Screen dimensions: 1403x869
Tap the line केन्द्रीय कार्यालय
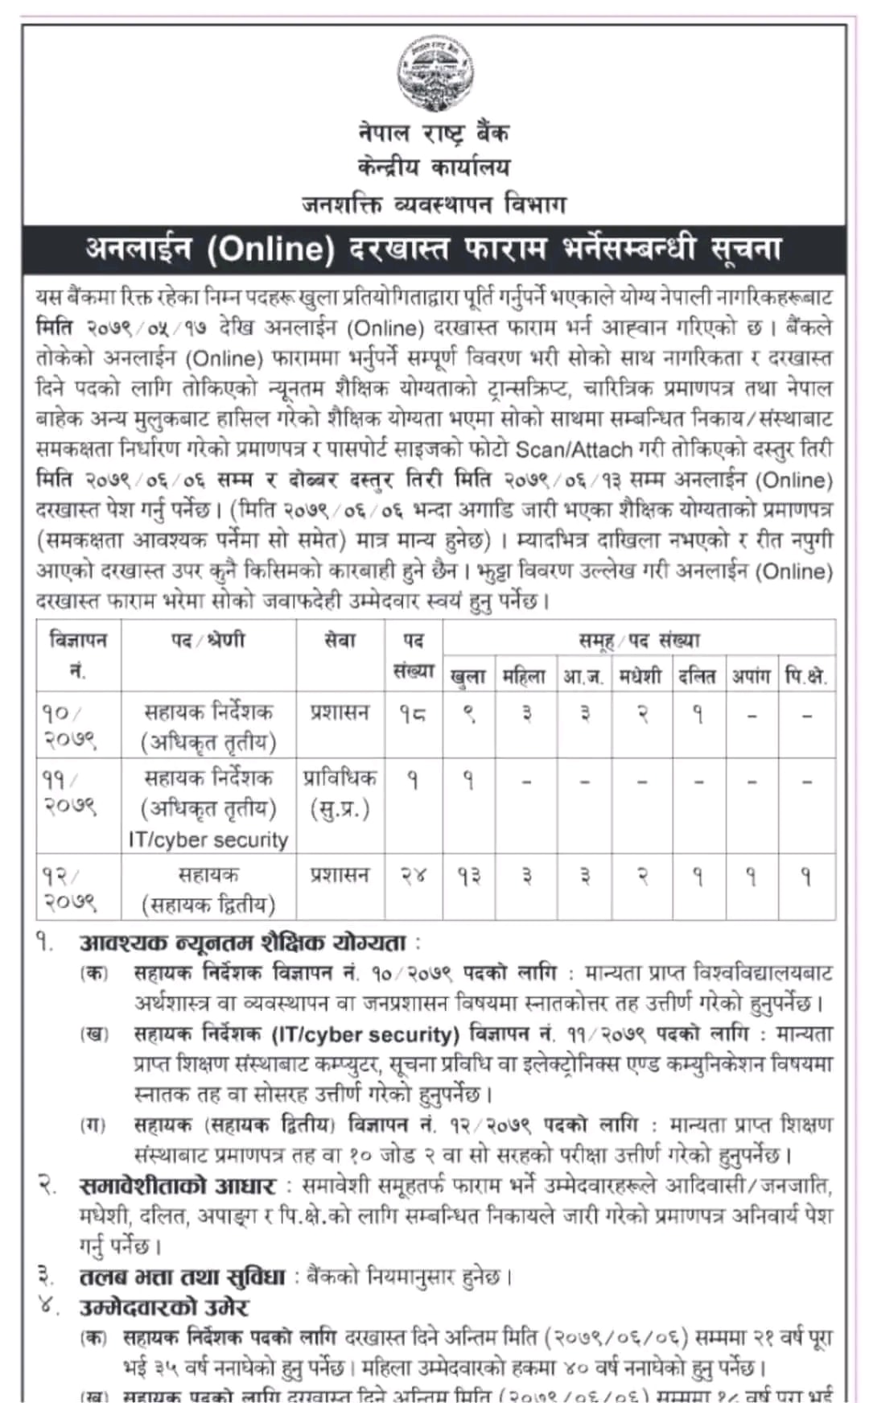(x=434, y=167)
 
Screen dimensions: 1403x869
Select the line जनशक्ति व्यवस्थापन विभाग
(x=434, y=204)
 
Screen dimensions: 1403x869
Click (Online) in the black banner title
(x=270, y=249)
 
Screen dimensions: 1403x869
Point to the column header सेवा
(x=339, y=641)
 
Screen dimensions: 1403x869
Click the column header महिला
(x=524, y=676)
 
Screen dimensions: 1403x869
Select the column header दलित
(x=697, y=676)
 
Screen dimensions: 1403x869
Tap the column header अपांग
(x=751, y=676)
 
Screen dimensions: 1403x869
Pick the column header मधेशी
(x=640, y=676)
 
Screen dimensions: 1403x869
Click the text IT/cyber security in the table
(x=208, y=840)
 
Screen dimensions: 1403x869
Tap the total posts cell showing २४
(x=413, y=876)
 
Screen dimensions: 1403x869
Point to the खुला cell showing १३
(x=469, y=876)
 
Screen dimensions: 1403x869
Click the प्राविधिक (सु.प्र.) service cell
(x=340, y=793)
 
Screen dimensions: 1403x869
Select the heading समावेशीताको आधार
(x=178, y=1186)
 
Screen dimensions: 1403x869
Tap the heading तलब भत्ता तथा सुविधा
(x=183, y=1277)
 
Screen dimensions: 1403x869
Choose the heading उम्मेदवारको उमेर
(x=164, y=1307)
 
